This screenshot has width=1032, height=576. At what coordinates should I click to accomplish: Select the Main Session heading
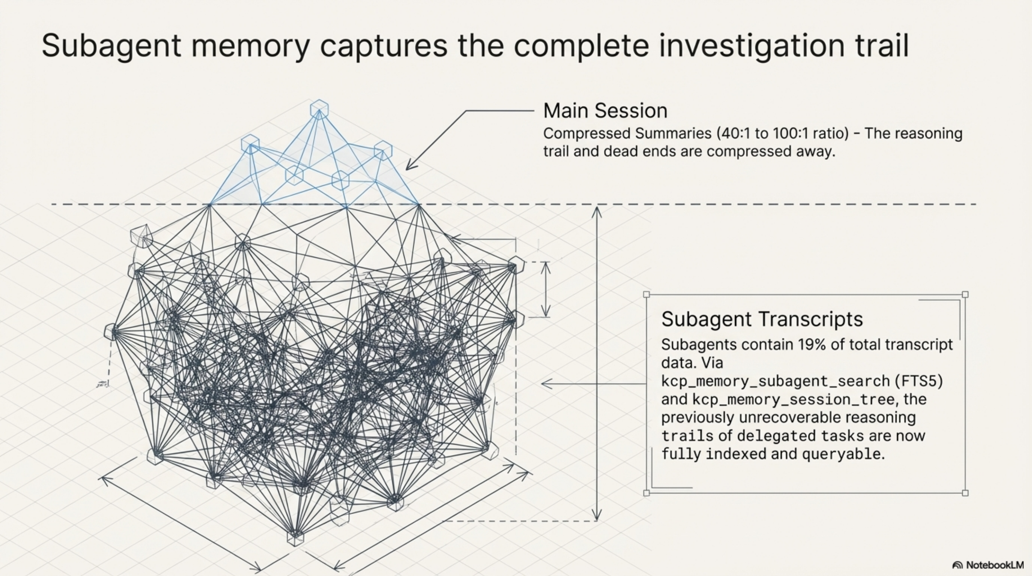(x=605, y=111)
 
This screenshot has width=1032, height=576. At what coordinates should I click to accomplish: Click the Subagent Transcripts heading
(x=762, y=319)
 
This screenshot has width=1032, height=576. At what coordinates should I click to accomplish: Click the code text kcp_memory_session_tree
(x=793, y=399)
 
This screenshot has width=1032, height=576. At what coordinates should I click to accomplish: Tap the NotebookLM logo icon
(x=957, y=565)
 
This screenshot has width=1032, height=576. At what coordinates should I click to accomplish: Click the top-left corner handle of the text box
(x=646, y=295)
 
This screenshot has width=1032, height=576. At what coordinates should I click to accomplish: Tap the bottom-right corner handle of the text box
(x=965, y=493)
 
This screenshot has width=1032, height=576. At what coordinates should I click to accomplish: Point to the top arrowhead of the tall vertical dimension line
(x=597, y=211)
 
